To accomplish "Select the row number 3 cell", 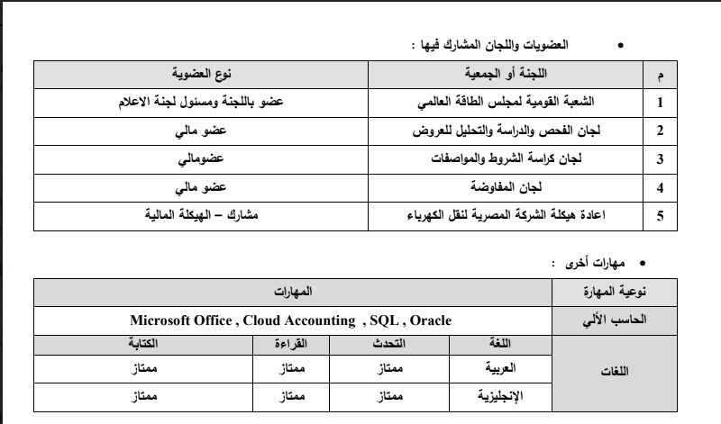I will click(x=661, y=160).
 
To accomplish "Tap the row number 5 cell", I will click(x=661, y=217).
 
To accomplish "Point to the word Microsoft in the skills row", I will click(x=161, y=320).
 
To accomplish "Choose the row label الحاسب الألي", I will click(x=614, y=320).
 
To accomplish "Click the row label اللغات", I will click(x=614, y=379).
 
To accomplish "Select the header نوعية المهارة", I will click(x=614, y=293).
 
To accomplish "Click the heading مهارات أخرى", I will click(x=585, y=262).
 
